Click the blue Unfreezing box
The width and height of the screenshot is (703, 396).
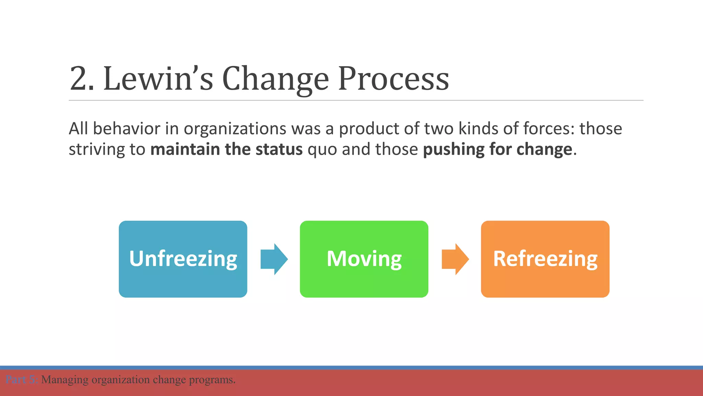point(183,259)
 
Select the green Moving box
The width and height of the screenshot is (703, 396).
point(364,259)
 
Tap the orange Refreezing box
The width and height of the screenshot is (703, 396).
point(545,259)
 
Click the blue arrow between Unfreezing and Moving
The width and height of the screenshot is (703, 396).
point(274,259)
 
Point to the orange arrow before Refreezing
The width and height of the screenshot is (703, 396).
point(455,259)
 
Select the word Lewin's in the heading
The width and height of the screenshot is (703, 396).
point(158,79)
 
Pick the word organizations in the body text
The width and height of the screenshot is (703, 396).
point(235,129)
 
